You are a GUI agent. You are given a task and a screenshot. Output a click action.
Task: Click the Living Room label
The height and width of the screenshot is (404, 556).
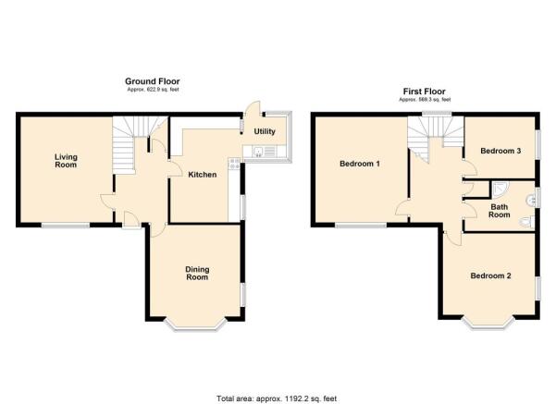click(x=66, y=161)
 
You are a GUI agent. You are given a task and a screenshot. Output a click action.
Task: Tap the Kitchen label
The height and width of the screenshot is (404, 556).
click(x=202, y=175)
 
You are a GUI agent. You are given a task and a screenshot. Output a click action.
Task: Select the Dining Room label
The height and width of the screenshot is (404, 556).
click(x=197, y=274)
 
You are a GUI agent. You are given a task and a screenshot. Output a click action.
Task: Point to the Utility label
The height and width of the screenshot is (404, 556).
click(x=265, y=131)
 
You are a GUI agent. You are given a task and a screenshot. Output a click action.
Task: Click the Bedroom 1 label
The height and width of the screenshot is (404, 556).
click(x=360, y=164)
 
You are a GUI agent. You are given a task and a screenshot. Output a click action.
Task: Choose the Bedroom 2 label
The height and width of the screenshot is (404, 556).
click(x=490, y=275)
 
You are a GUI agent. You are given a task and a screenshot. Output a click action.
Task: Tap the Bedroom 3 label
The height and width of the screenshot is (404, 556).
click(x=500, y=151)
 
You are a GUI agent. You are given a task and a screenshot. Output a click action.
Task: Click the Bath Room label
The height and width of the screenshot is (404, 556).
click(x=500, y=211)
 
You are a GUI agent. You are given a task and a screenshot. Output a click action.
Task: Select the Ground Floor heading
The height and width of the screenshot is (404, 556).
click(x=153, y=81)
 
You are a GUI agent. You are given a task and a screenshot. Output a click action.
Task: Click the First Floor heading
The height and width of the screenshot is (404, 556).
click(x=424, y=92)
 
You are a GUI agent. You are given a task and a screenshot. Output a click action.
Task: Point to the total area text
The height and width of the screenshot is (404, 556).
click(x=277, y=398)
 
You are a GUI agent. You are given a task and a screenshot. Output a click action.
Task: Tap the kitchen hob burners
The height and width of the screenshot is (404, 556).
click(x=234, y=164)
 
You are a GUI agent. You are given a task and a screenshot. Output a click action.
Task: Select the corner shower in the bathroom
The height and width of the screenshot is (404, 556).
click(x=500, y=190)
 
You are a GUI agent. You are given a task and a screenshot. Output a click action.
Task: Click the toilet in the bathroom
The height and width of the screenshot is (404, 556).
click(x=526, y=222)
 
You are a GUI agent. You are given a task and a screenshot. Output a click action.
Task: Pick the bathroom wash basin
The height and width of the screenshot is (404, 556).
click(x=531, y=201)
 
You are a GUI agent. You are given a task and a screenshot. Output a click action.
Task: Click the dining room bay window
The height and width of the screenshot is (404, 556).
click(x=196, y=325)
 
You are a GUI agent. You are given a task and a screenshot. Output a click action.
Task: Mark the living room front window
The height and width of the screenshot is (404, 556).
click(x=66, y=225)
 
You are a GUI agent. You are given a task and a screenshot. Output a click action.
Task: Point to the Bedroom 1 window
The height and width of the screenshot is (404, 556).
click(x=361, y=225)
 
